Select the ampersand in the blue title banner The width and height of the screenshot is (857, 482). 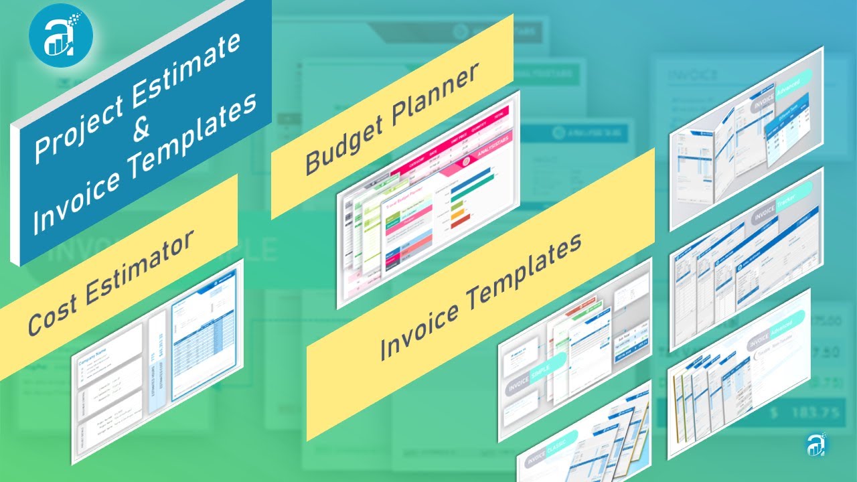[141, 128]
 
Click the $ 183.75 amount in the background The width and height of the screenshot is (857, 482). [803, 412]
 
